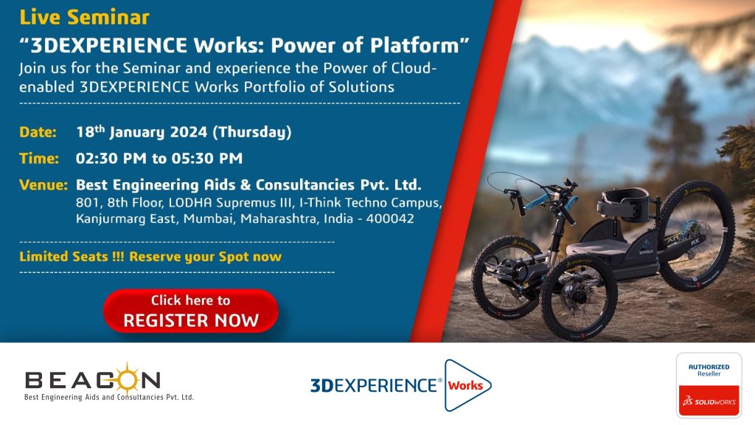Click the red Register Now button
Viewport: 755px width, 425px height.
point(191,311)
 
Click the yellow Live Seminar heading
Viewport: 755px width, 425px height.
point(84,18)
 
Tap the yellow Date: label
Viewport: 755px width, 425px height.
point(38,132)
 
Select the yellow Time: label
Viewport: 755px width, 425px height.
point(39,158)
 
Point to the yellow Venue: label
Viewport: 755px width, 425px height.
point(44,184)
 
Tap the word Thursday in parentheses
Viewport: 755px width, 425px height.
point(252,133)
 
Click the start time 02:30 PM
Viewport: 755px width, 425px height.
point(111,158)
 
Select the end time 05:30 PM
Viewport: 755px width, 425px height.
point(207,158)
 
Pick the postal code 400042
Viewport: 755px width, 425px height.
point(390,218)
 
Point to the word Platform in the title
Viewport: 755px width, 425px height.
point(414,45)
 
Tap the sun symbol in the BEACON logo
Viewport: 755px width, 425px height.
point(127,380)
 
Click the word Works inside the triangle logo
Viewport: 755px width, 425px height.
point(465,385)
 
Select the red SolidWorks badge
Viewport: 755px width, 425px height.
point(709,401)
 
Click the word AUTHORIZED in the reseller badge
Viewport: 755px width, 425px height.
point(709,367)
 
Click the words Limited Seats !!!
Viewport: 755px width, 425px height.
point(72,256)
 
